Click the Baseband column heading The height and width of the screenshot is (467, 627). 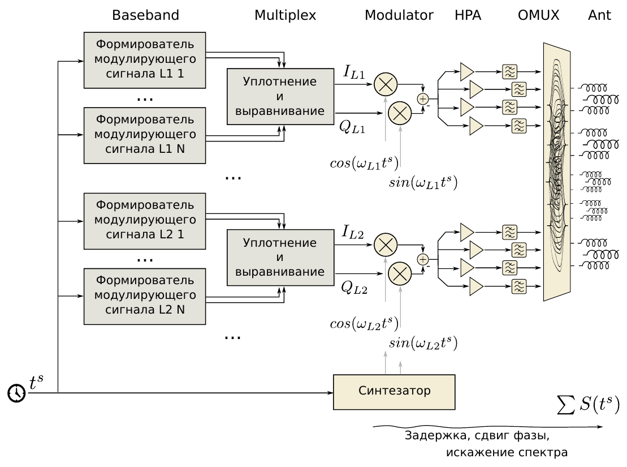coord(145,15)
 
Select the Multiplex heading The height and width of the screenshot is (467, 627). coord(285,15)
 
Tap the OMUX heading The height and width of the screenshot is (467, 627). coord(538,15)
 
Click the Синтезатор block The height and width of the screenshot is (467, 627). coord(394,391)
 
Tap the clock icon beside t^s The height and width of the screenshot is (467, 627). coord(16,392)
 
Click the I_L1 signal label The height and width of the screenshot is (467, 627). coord(354,73)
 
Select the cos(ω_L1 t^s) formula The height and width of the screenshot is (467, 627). coord(364,163)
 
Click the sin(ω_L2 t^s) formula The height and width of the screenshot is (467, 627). coord(423,344)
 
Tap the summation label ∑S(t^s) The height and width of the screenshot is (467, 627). coord(588,406)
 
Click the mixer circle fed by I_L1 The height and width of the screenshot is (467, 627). coord(385,84)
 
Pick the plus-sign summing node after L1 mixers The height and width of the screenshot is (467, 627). coord(423,98)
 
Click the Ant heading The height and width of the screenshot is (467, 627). coord(599,15)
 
